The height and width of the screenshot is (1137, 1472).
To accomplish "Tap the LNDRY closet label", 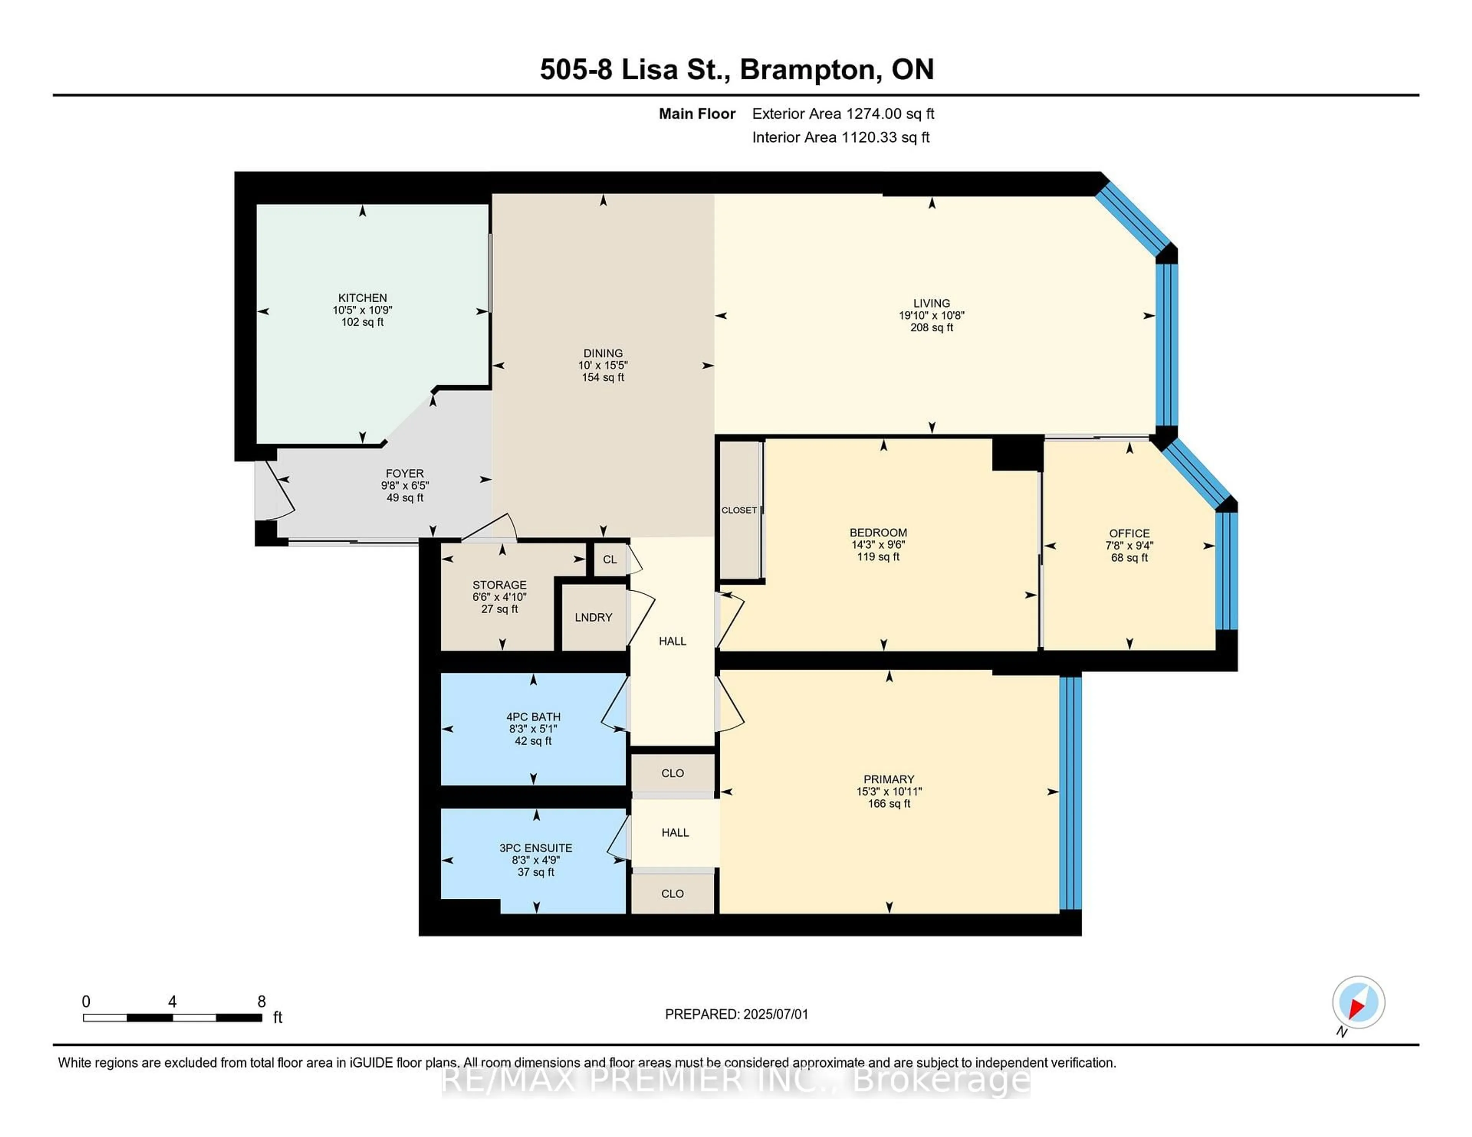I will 593,617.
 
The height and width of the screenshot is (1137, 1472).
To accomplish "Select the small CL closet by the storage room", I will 609,559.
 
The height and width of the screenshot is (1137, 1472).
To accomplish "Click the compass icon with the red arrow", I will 1358,1002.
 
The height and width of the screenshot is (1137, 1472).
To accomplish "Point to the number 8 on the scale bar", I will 261,1002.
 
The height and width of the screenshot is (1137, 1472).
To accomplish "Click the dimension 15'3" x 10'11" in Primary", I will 889,791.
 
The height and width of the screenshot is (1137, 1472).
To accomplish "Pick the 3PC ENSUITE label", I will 536,848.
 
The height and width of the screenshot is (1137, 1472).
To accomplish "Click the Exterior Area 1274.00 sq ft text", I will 843,114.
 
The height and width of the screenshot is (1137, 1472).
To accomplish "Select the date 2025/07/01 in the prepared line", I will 775,1014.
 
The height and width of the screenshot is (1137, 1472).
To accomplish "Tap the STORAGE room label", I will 499,585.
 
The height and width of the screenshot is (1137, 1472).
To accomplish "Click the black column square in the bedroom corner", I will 1016,453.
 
